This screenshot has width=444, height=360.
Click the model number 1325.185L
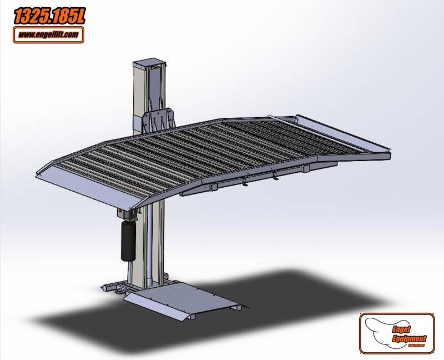[49, 17]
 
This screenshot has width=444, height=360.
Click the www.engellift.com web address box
[49, 35]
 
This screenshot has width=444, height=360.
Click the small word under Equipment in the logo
[417, 344]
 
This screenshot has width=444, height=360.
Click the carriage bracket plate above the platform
[158, 121]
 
